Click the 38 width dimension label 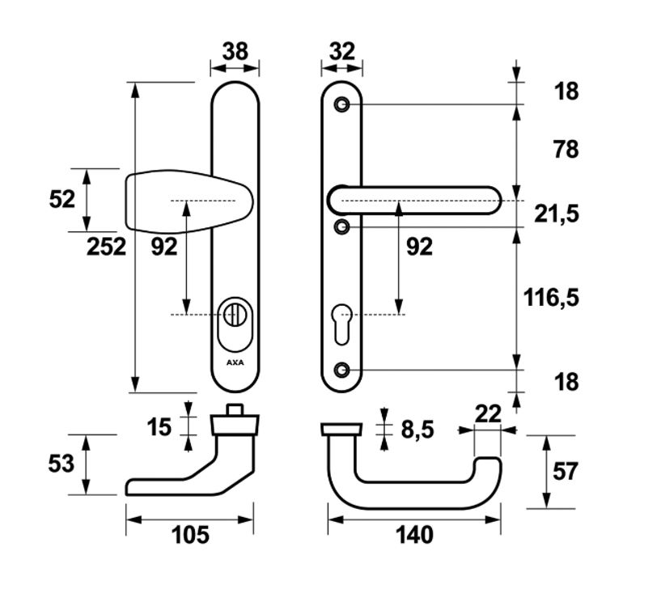pyautogui.click(x=235, y=51)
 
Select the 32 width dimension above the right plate pyautogui.click(x=342, y=51)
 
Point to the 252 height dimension pyautogui.click(x=107, y=246)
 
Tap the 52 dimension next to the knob pyautogui.click(x=62, y=198)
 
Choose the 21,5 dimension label pyautogui.click(x=557, y=214)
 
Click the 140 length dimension pyautogui.click(x=414, y=535)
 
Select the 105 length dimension pyautogui.click(x=189, y=535)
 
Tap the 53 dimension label pyautogui.click(x=61, y=464)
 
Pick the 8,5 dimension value pyautogui.click(x=417, y=429)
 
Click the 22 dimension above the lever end pyautogui.click(x=488, y=413)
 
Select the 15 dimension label pyautogui.click(x=160, y=426)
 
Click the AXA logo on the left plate pyautogui.click(x=235, y=362)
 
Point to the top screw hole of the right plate pyautogui.click(x=342, y=104)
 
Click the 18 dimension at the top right pyautogui.click(x=566, y=91)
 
